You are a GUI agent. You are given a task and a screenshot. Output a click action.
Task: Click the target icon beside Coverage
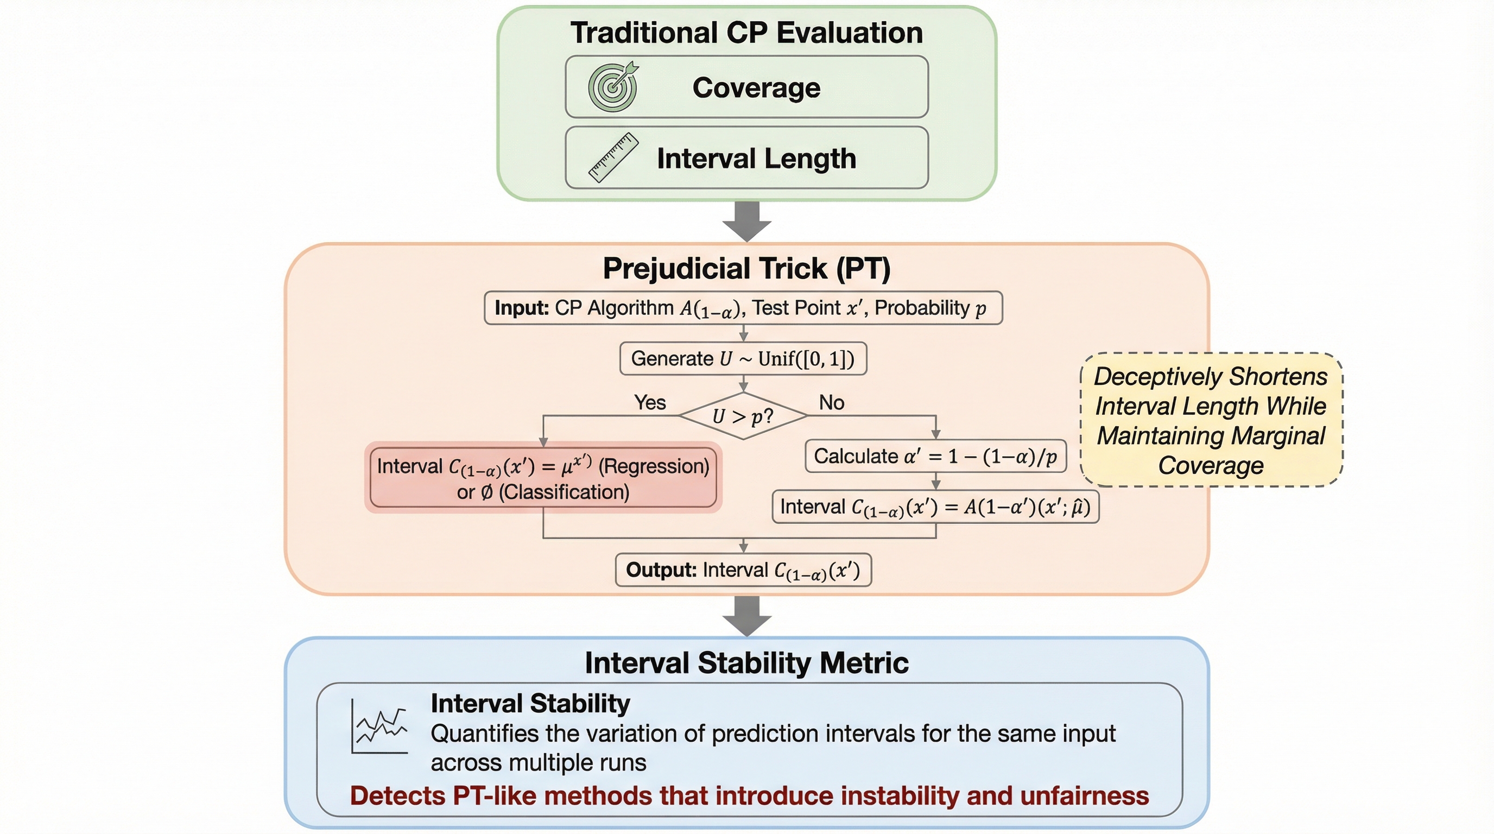coord(612,87)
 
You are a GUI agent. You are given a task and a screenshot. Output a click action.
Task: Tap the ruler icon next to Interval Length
coord(613,158)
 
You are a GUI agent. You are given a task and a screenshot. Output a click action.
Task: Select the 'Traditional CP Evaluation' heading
coord(746,33)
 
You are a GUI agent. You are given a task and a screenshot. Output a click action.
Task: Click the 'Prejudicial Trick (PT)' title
coord(746,269)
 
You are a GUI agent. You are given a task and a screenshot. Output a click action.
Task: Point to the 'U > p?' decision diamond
coord(743,416)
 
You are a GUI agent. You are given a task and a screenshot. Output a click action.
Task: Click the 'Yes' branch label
coord(650,402)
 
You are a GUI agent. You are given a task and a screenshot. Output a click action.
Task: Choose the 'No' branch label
coord(831,402)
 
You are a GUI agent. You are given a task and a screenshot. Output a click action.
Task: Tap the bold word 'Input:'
coord(521,308)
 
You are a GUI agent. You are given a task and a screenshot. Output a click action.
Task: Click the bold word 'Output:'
coord(661,570)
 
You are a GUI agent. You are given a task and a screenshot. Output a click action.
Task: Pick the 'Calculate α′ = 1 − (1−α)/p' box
coord(935,457)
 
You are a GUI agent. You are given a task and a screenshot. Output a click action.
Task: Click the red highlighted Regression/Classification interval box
coord(543,478)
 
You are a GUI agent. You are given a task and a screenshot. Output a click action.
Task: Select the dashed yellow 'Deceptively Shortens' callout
coord(1211,420)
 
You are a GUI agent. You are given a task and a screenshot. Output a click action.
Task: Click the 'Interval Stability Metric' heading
coord(746,663)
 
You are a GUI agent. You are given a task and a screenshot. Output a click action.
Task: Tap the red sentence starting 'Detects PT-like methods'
coord(749,796)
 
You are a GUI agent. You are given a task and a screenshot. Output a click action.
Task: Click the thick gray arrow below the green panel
coord(746,222)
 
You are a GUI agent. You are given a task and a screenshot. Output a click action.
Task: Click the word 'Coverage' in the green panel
coord(756,87)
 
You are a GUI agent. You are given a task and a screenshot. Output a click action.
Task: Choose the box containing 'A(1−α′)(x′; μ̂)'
coord(935,507)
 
